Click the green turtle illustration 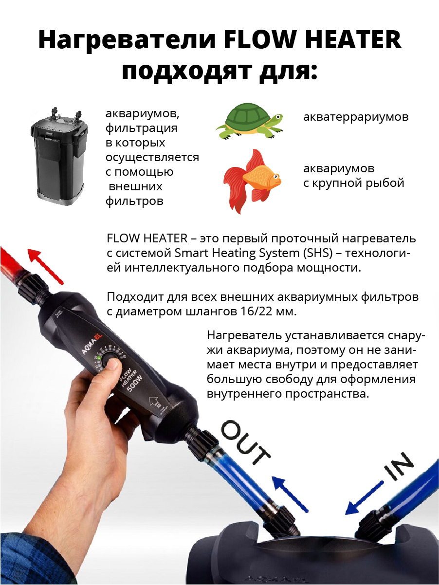tap(249, 122)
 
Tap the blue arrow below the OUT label tap(290, 496)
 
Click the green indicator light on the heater tap(99, 358)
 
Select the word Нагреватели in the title tap(127, 40)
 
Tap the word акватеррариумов tap(356, 117)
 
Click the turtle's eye tap(278, 117)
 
